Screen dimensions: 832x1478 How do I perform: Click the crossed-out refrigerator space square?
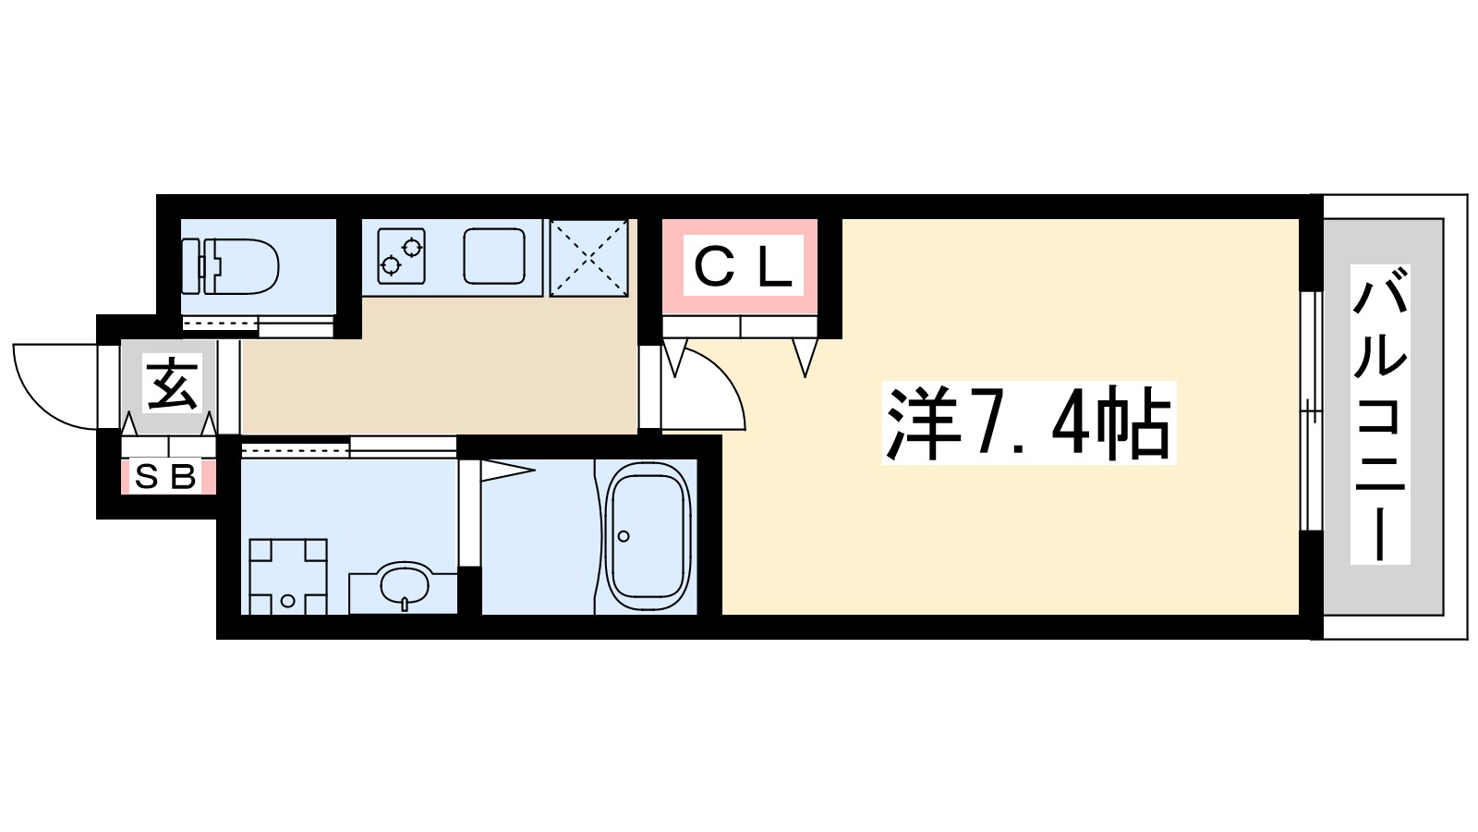pyautogui.click(x=589, y=258)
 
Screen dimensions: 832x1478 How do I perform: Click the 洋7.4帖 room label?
pyautogui.click(x=1028, y=423)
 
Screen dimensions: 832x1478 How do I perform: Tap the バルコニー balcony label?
pyautogui.click(x=1380, y=414)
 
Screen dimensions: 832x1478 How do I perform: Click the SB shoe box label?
pyautogui.click(x=166, y=477)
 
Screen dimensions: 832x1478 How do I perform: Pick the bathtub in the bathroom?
pyautogui.click(x=648, y=537)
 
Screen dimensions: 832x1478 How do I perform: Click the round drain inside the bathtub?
pyautogui.click(x=624, y=536)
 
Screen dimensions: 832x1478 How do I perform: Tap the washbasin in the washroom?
pyautogui.click(x=405, y=585)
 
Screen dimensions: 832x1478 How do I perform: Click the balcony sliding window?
pyautogui.click(x=1311, y=411)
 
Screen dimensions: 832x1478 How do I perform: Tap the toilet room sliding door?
pyautogui.click(x=257, y=325)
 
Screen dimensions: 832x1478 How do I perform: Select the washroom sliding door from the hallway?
pyautogui.click(x=349, y=448)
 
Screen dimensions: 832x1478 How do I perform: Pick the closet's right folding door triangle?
pyautogui.click(x=806, y=357)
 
